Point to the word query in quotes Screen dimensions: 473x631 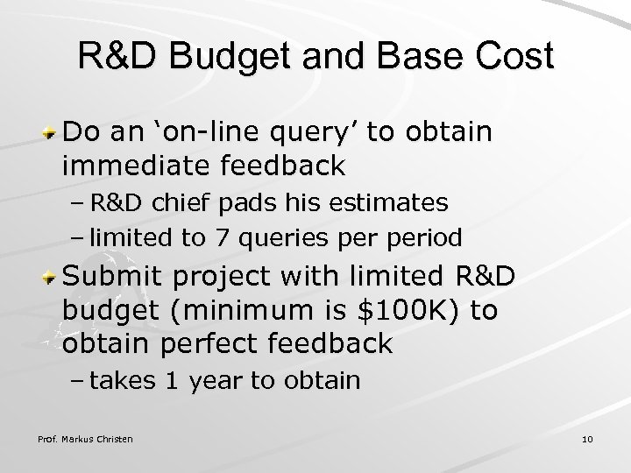[313, 134]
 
